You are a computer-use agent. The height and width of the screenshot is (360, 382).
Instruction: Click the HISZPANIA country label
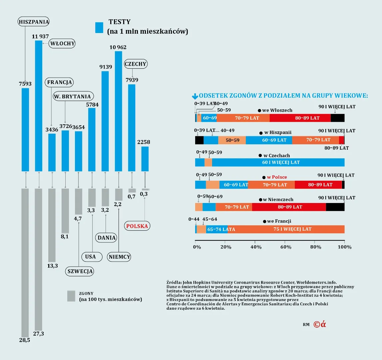(x=34, y=22)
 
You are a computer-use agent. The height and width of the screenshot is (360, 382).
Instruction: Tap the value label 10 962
(x=118, y=47)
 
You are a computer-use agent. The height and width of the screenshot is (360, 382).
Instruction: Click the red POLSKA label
(x=137, y=226)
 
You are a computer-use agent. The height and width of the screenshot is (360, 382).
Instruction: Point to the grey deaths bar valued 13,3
(x=52, y=225)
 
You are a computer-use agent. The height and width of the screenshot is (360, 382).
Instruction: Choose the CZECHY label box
(x=136, y=64)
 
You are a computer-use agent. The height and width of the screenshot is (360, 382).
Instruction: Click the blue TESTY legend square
(x=99, y=28)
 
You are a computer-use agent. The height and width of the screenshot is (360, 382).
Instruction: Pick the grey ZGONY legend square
(x=71, y=296)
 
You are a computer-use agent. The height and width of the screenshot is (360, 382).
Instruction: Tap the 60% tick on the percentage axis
(x=286, y=247)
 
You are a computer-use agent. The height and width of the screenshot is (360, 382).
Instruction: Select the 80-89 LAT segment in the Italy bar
(x=300, y=118)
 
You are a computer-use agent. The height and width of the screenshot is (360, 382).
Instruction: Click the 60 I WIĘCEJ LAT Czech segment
(x=278, y=162)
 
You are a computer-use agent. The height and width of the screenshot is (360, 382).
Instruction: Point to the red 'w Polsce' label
(x=277, y=177)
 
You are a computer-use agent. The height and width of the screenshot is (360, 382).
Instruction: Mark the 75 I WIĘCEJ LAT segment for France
(x=286, y=229)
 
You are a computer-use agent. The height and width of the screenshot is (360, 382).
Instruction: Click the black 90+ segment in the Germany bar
(x=335, y=207)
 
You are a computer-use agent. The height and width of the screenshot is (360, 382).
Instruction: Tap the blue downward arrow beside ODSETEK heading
(x=195, y=96)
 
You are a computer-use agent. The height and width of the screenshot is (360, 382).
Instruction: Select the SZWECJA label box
(x=80, y=271)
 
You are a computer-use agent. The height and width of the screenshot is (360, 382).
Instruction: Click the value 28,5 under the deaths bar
(x=25, y=340)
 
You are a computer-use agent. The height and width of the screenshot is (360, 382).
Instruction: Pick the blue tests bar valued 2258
(x=145, y=159)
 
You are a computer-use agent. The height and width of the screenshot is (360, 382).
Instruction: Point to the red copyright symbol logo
(x=320, y=324)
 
